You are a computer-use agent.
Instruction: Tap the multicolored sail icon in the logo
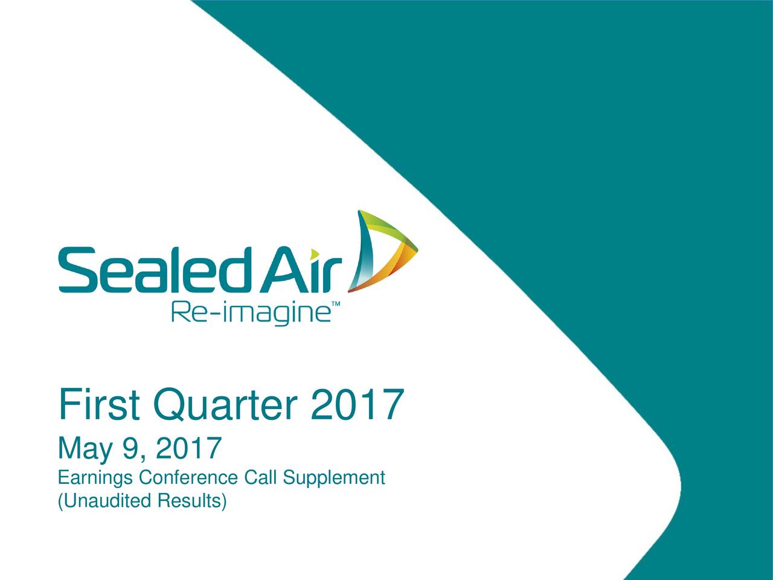pos(383,251)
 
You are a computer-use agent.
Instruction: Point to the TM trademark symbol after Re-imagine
pos(336,303)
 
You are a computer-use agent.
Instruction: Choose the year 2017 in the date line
pos(188,448)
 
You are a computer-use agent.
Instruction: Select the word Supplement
pos(334,478)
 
